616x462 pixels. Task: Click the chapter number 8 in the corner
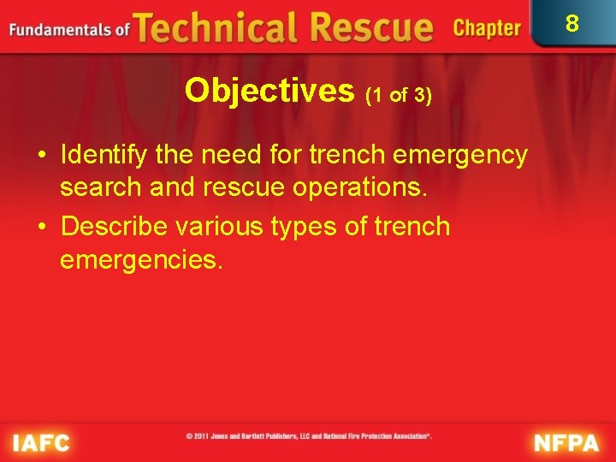tap(572, 22)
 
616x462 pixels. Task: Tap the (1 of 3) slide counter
tap(399, 95)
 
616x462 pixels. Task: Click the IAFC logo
tap(40, 442)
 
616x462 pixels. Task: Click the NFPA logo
tap(566, 442)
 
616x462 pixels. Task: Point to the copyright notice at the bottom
tap(308, 436)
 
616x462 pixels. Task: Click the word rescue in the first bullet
tap(243, 187)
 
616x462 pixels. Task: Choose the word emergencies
tap(141, 259)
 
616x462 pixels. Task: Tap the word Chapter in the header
tap(486, 28)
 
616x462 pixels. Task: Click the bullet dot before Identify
tap(40, 156)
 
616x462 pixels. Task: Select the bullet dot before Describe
tap(40, 228)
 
